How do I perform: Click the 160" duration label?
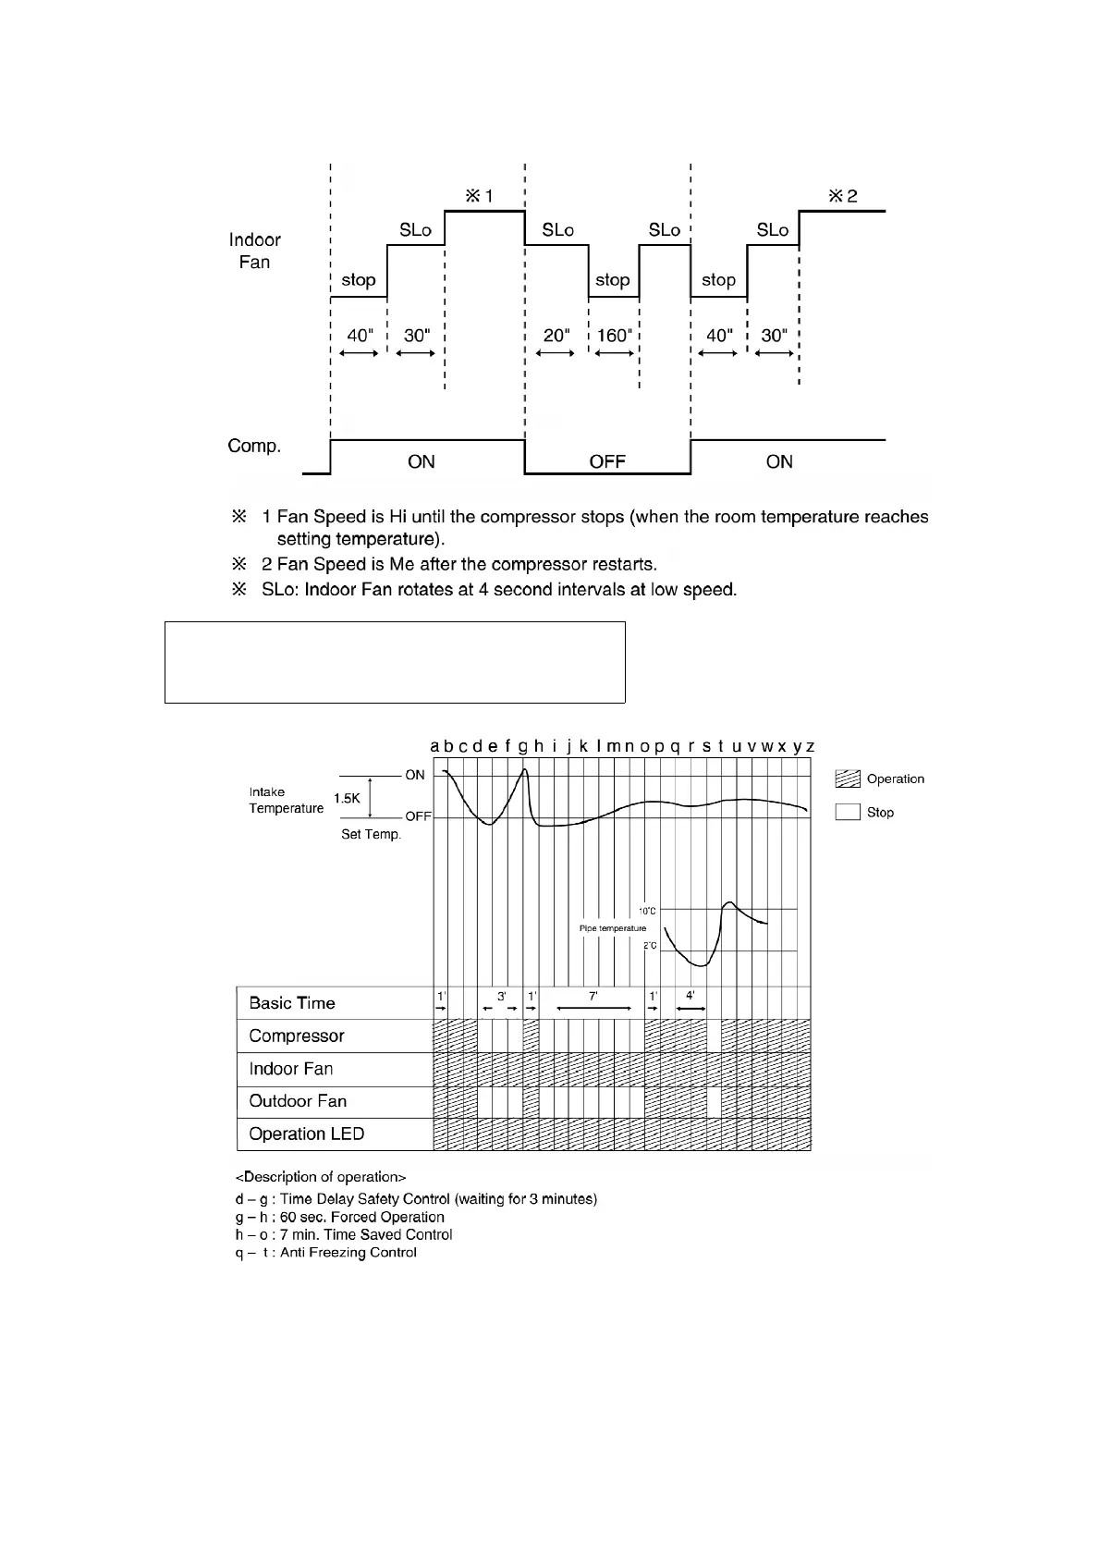point(614,336)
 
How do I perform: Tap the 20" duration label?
point(556,336)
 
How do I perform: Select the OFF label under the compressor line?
point(607,461)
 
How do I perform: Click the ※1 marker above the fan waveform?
point(479,196)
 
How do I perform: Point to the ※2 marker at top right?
point(842,196)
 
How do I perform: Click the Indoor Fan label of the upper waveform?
point(254,251)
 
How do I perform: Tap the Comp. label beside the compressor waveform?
point(254,446)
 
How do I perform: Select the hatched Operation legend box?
point(848,779)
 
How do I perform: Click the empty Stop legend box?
point(848,813)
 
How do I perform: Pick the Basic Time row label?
point(292,1003)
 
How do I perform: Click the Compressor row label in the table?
point(297,1036)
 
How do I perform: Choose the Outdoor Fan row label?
point(298,1101)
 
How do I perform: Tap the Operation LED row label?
point(307,1134)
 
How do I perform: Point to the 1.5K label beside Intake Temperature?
point(347,799)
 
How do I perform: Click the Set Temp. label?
point(371,834)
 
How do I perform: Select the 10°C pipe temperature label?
point(647,912)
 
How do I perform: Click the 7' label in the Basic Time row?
point(593,997)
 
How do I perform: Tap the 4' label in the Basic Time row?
point(691,997)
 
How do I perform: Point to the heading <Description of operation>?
point(321,1177)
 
